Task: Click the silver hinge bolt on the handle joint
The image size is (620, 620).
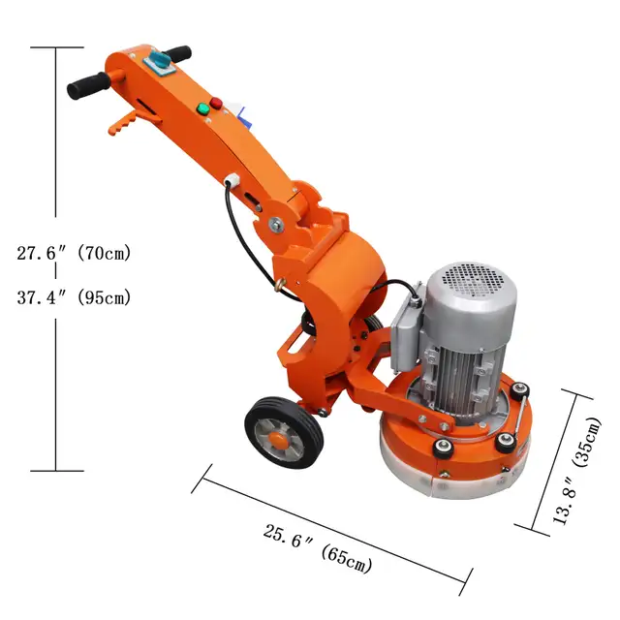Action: click(278, 225)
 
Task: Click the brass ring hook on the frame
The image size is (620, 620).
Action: click(281, 287)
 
